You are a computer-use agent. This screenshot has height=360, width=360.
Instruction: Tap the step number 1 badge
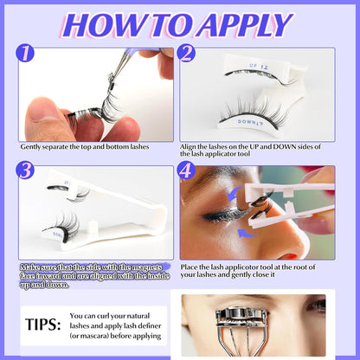coord(27,56)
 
